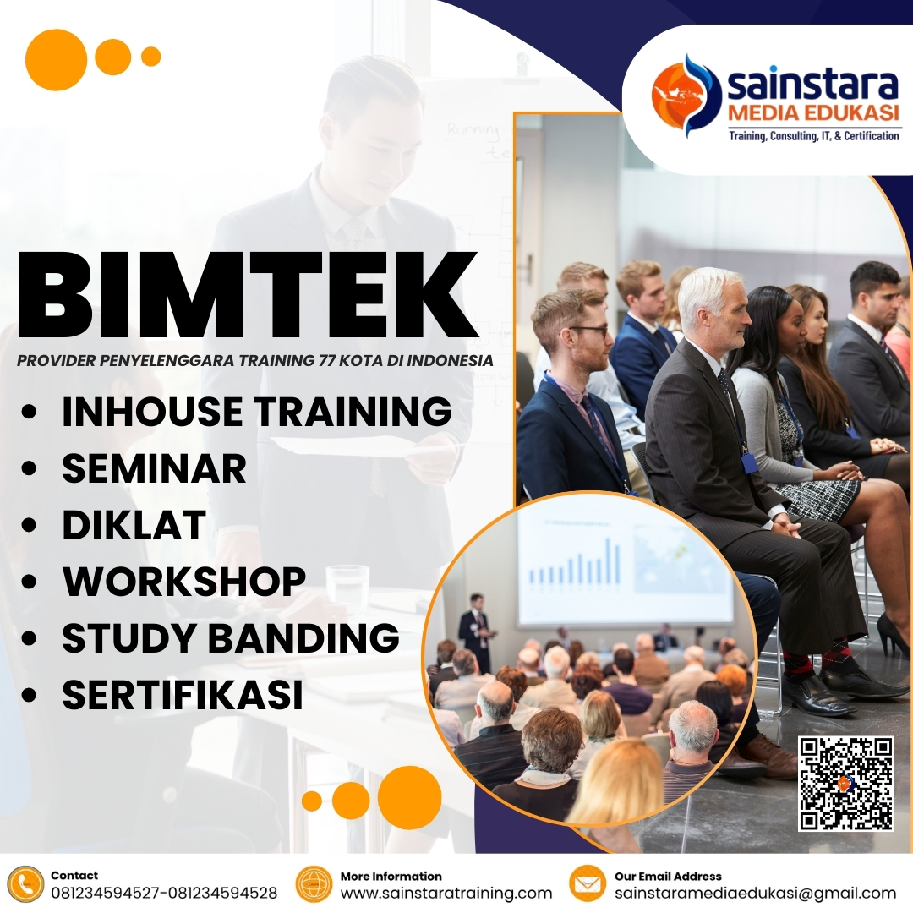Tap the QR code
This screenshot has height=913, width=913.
[x=845, y=783]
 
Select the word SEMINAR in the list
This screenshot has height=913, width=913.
[x=154, y=468]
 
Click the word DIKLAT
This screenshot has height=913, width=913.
[x=134, y=525]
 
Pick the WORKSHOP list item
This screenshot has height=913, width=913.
[x=183, y=582]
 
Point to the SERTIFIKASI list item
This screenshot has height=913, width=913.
[x=182, y=695]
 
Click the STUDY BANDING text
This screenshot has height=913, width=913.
[x=230, y=638]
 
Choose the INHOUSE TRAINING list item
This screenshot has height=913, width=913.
[x=256, y=412]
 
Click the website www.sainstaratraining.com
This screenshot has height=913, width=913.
[x=446, y=893]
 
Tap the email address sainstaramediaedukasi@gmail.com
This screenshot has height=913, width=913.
[x=755, y=893]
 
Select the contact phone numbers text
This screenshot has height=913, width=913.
[x=164, y=893]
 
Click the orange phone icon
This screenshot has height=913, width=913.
[x=25, y=884]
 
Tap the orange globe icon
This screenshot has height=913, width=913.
[x=314, y=884]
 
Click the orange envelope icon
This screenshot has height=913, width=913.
[x=587, y=884]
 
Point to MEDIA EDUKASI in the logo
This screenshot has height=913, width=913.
[x=813, y=113]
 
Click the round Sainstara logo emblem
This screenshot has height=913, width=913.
[x=686, y=96]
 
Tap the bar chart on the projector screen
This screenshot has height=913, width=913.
[x=575, y=562]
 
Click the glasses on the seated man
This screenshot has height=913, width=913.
[x=588, y=331]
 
